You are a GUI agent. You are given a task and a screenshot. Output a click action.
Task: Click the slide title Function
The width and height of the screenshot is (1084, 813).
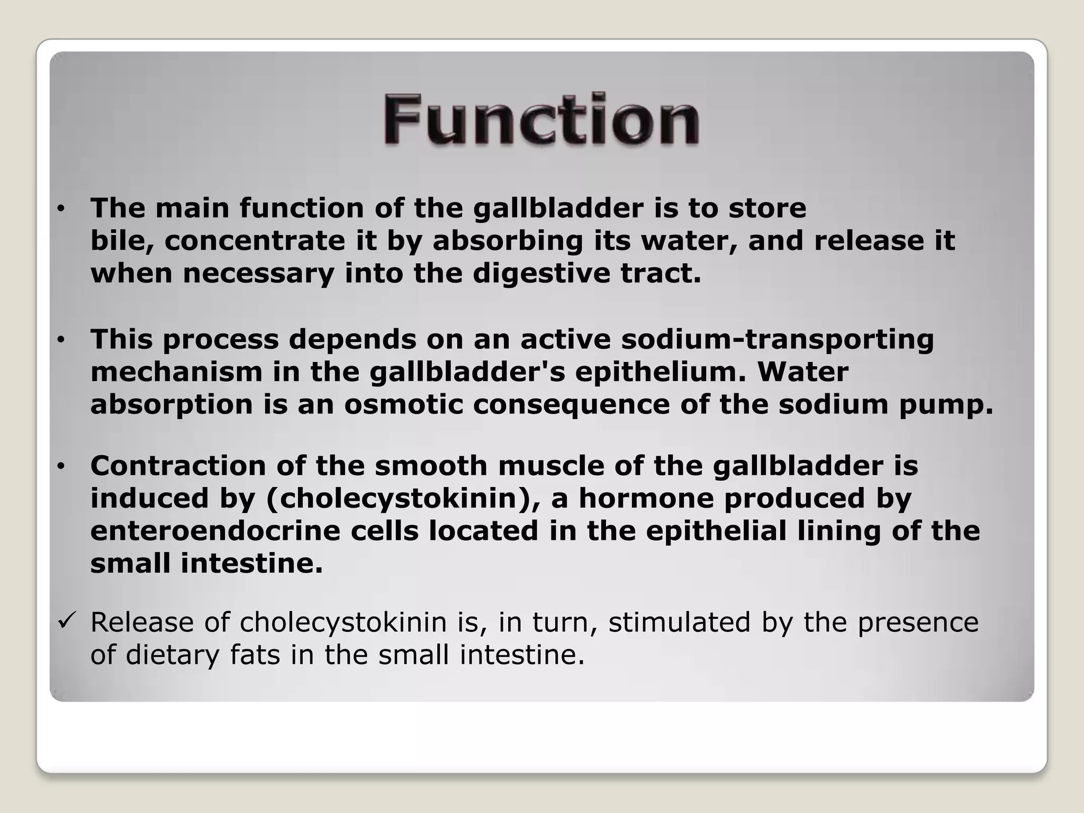[x=541, y=120]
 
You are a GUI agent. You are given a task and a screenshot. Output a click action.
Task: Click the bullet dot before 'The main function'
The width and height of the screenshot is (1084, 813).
[x=61, y=210]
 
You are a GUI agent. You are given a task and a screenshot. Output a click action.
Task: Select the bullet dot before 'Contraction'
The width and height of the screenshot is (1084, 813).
[x=61, y=467]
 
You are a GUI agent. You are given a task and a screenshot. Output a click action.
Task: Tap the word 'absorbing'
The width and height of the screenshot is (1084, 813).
[x=508, y=241]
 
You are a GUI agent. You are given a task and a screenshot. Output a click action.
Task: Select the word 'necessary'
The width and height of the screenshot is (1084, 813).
[x=258, y=274]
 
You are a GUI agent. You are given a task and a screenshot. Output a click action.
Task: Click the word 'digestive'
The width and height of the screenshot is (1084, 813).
[x=541, y=274]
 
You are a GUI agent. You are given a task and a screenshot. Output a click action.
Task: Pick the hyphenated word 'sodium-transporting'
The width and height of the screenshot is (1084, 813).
[x=777, y=339]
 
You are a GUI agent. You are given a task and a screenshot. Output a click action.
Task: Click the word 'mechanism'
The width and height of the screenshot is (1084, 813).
[x=176, y=372]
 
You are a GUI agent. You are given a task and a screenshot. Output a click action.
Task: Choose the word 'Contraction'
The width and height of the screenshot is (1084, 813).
[x=178, y=466]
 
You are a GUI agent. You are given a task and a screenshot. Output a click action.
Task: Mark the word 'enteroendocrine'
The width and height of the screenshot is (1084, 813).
[x=215, y=531]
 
